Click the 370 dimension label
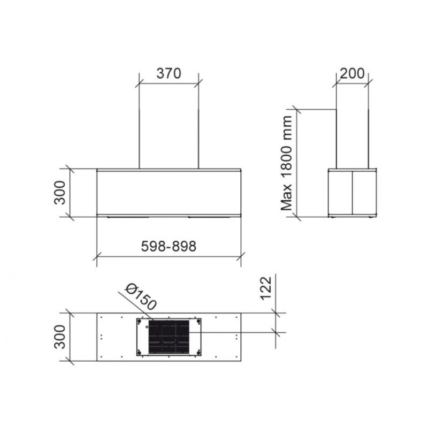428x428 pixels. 169,73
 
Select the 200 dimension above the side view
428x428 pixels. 351,73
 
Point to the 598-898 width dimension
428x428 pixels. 169,246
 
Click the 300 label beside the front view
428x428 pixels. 60,193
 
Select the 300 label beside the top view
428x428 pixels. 60,336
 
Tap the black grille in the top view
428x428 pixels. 170,337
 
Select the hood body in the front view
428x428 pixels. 169,193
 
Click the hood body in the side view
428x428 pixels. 351,193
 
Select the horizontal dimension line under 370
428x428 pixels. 169,83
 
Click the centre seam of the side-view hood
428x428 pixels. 351,193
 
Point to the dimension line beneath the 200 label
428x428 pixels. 351,82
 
